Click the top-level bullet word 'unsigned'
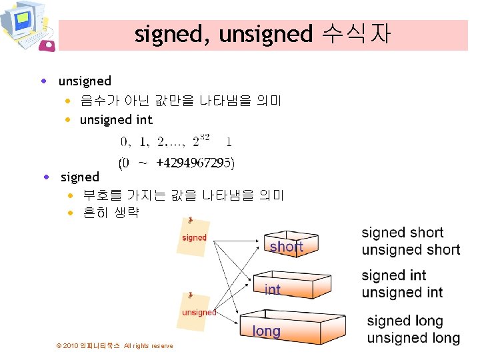pos(85,81)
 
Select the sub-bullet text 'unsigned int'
pos(116,120)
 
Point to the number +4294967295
pos(195,162)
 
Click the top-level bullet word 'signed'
pos(79,177)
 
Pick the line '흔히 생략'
pos(111,214)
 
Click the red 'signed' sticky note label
pos(194,237)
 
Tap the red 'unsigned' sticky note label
pos(199,312)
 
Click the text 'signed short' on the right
pos(402,233)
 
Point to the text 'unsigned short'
pos(411,250)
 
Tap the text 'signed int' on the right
pos(394,275)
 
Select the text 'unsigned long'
pos(413,338)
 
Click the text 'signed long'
pos(405,321)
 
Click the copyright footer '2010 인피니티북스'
pos(91,346)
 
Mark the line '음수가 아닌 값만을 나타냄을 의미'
pos(181,101)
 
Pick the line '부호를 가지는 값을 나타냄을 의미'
pos(183,196)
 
